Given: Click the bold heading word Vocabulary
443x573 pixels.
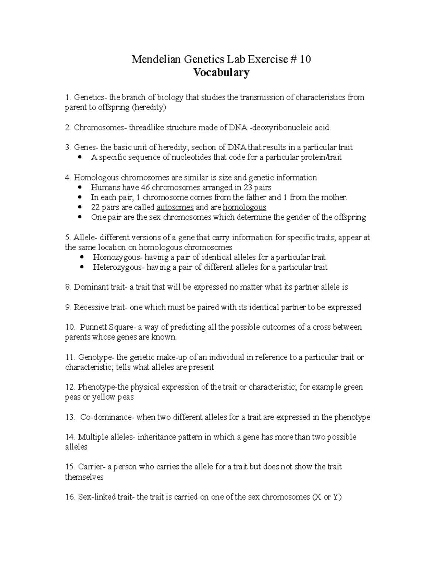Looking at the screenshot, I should click(x=221, y=72).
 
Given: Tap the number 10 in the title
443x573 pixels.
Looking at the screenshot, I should click(x=305, y=59).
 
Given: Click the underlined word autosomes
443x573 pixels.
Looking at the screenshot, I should click(x=175, y=207).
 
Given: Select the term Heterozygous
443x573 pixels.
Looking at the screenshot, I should click(x=117, y=267).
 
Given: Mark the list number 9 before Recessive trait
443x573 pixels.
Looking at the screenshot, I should click(x=68, y=307).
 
